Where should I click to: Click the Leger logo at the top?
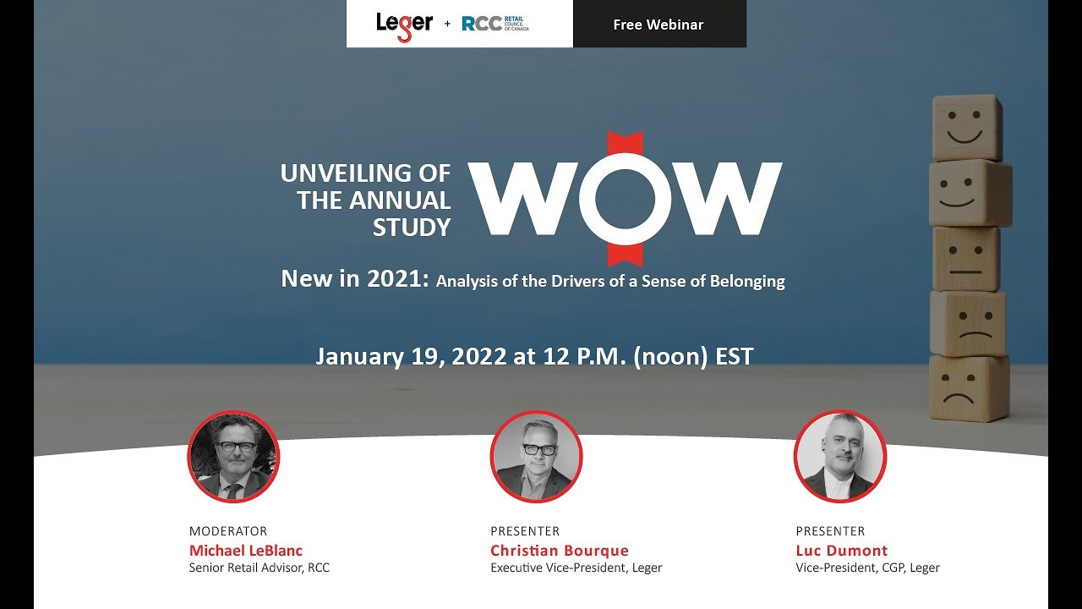(x=404, y=25)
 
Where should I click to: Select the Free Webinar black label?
(x=658, y=25)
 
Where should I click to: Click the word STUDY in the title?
(x=412, y=228)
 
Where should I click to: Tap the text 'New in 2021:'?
(x=355, y=279)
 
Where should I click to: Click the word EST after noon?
(x=734, y=356)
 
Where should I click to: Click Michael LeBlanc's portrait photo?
(x=233, y=458)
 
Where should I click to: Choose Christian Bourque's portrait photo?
(x=536, y=458)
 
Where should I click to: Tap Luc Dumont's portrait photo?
(x=839, y=458)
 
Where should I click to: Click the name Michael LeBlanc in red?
(x=245, y=551)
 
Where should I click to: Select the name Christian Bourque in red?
(x=560, y=551)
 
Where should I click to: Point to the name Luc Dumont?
(x=842, y=551)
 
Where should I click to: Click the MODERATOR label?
(x=228, y=531)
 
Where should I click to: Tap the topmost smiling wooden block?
(x=965, y=127)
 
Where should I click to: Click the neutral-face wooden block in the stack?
(x=965, y=259)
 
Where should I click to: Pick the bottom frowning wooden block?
(x=969, y=388)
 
